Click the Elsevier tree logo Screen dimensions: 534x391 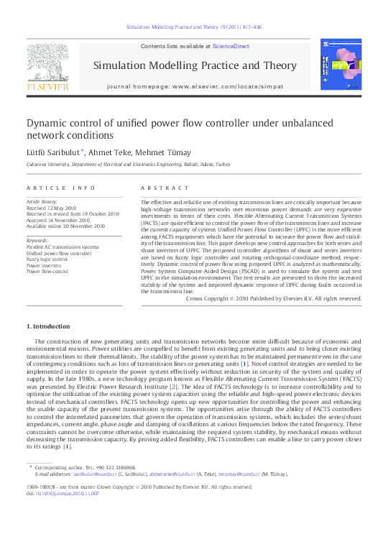(x=47, y=63)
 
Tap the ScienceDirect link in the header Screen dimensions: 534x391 (x=231, y=46)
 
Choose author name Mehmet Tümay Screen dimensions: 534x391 (x=167, y=152)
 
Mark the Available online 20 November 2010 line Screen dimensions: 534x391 (x=65, y=226)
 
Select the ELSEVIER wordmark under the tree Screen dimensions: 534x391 (x=47, y=87)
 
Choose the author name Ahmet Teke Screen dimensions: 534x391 (x=111, y=152)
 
